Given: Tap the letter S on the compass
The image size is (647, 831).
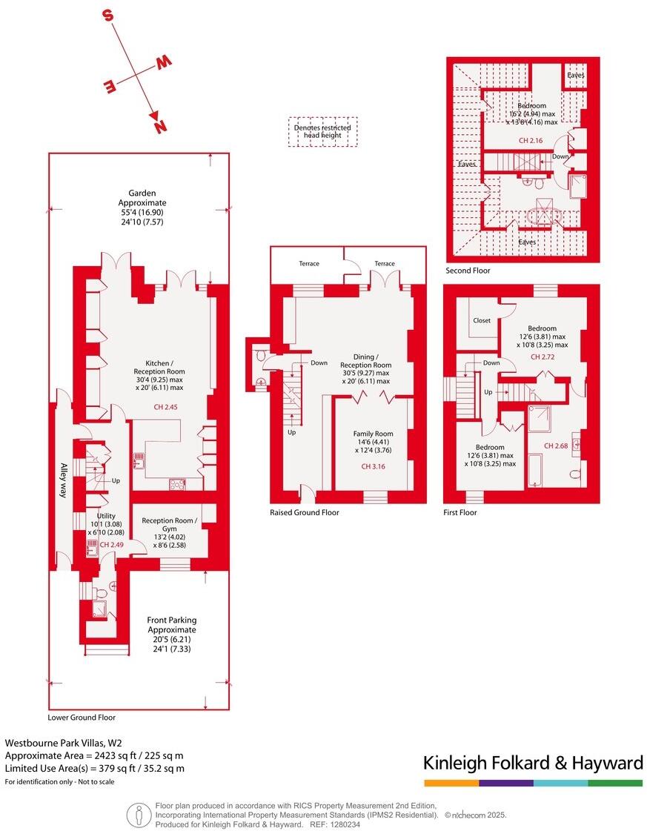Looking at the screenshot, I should (108, 16).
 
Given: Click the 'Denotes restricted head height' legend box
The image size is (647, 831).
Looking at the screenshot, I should (322, 132).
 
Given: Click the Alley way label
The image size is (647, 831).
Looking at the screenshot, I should (63, 480).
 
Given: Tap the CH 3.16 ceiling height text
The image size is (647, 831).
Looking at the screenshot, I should (373, 467).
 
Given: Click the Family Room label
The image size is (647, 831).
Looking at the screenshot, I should (373, 438).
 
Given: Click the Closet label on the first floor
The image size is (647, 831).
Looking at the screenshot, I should (481, 321).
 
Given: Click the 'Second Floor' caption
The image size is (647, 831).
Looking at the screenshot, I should (468, 271).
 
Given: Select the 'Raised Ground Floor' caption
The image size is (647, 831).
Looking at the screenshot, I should (305, 512).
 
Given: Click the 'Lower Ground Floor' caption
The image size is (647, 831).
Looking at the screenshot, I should (82, 718).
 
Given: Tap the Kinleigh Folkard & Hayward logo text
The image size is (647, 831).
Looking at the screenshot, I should (532, 763).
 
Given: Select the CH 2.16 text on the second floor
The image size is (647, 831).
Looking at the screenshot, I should (530, 140).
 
